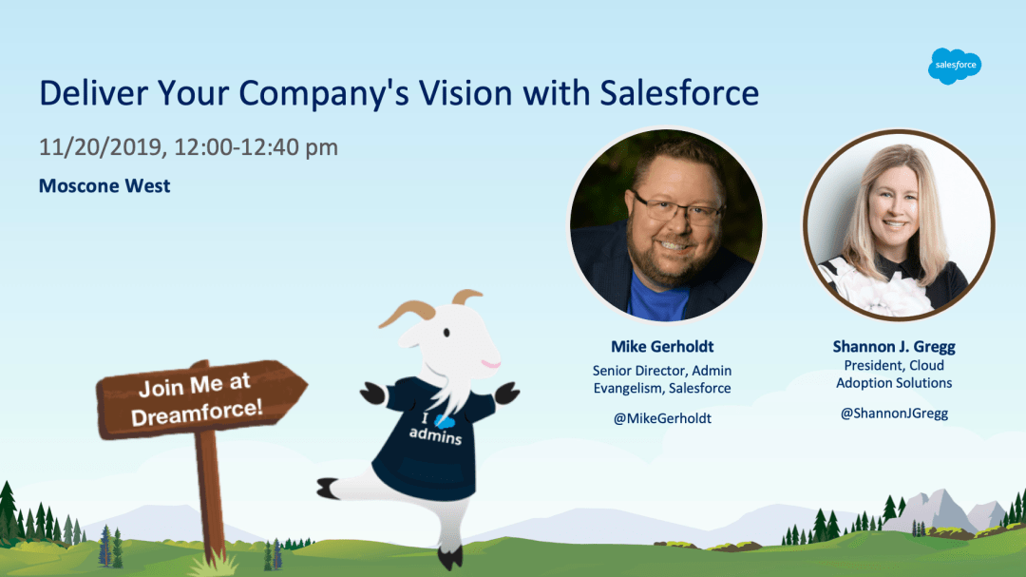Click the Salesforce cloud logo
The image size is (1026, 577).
(955, 66)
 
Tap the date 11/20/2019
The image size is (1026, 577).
(100, 147)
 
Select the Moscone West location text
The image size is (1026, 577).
(104, 186)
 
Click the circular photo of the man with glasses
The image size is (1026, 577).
(665, 224)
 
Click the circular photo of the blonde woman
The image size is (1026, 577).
(899, 224)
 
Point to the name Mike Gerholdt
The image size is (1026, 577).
(662, 346)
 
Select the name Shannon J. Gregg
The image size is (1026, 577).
(894, 346)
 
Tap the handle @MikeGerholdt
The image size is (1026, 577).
(662, 418)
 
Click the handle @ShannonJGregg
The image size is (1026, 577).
(894, 414)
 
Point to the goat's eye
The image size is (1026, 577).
(446, 333)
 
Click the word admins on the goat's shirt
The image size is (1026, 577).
(435, 434)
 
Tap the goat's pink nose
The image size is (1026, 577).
(491, 363)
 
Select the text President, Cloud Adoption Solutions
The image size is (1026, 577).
(894, 374)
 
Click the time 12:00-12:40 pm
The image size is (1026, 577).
(256, 147)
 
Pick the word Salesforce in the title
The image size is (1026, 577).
(679, 93)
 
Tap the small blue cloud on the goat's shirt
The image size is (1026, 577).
(445, 422)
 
